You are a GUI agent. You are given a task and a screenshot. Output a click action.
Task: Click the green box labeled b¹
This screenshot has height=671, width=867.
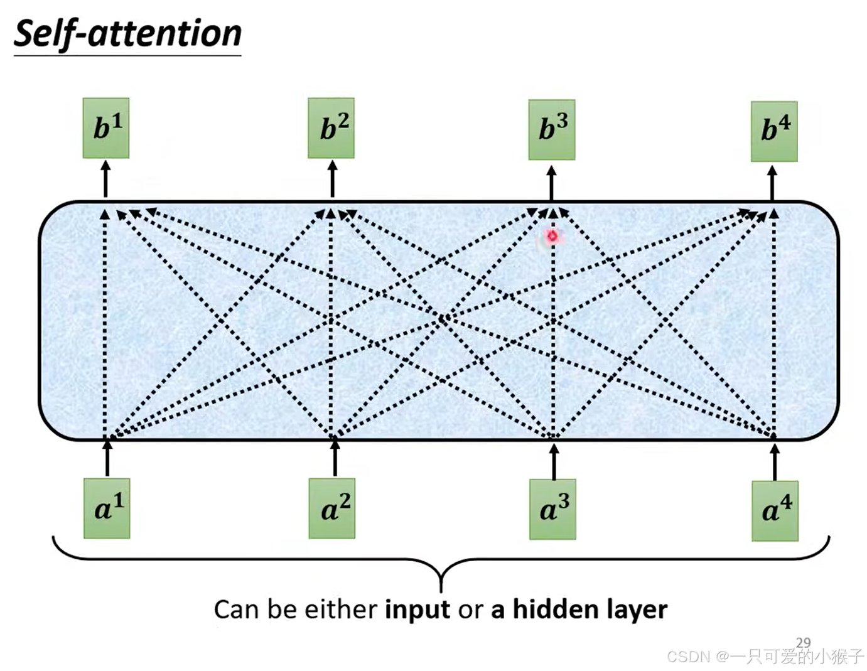pos(106,128)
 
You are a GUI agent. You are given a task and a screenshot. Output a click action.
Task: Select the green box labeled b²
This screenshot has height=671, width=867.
pos(331,128)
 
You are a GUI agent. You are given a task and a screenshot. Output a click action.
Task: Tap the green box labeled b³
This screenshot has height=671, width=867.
pos(552,129)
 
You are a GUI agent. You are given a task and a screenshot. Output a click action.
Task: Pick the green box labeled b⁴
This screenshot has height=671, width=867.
pos(774,131)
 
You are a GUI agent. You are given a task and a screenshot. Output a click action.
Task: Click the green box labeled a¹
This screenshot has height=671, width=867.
pos(107,508)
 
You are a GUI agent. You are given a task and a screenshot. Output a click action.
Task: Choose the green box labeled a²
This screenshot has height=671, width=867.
pos(331,508)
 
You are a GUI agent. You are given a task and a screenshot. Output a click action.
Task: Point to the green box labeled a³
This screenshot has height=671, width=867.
pos(552,509)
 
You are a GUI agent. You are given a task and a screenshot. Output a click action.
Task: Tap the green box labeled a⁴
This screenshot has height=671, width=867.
pos(775,511)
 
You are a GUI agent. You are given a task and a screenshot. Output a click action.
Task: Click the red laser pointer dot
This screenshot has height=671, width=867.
pos(552,236)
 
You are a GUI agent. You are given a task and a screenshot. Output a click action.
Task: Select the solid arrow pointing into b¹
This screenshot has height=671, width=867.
pos(105,179)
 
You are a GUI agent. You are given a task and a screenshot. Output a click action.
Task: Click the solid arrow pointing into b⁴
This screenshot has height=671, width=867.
pos(772,183)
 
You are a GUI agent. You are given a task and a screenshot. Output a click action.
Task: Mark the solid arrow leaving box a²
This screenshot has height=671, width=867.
pos(335,457)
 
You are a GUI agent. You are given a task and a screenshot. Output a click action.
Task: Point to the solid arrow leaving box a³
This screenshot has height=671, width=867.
pos(554,461)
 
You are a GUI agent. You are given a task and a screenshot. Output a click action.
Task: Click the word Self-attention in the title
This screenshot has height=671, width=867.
pos(127,34)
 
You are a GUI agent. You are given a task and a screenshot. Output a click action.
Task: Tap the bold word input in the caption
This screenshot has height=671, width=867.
pos(417,609)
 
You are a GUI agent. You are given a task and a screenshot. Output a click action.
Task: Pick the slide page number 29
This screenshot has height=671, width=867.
pos(803,642)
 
